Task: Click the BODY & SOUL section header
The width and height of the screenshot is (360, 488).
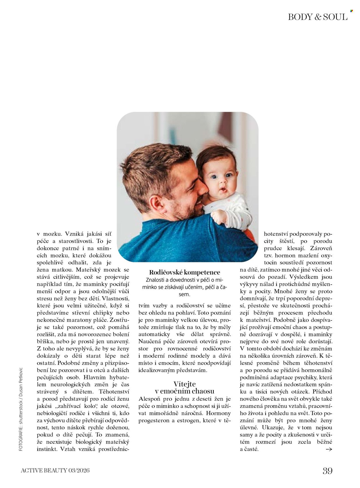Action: (x=317, y=17)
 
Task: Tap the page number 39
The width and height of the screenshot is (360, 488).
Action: (x=327, y=471)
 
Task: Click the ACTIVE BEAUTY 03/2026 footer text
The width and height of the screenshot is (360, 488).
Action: (x=55, y=470)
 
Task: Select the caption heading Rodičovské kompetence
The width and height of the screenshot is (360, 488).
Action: (x=185, y=272)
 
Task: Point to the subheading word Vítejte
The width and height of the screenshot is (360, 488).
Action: (x=185, y=384)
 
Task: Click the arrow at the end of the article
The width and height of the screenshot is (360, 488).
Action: (x=329, y=449)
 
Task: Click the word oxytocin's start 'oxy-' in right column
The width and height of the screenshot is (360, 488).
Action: (x=326, y=255)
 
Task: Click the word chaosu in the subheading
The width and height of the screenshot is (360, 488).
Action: (x=203, y=391)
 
